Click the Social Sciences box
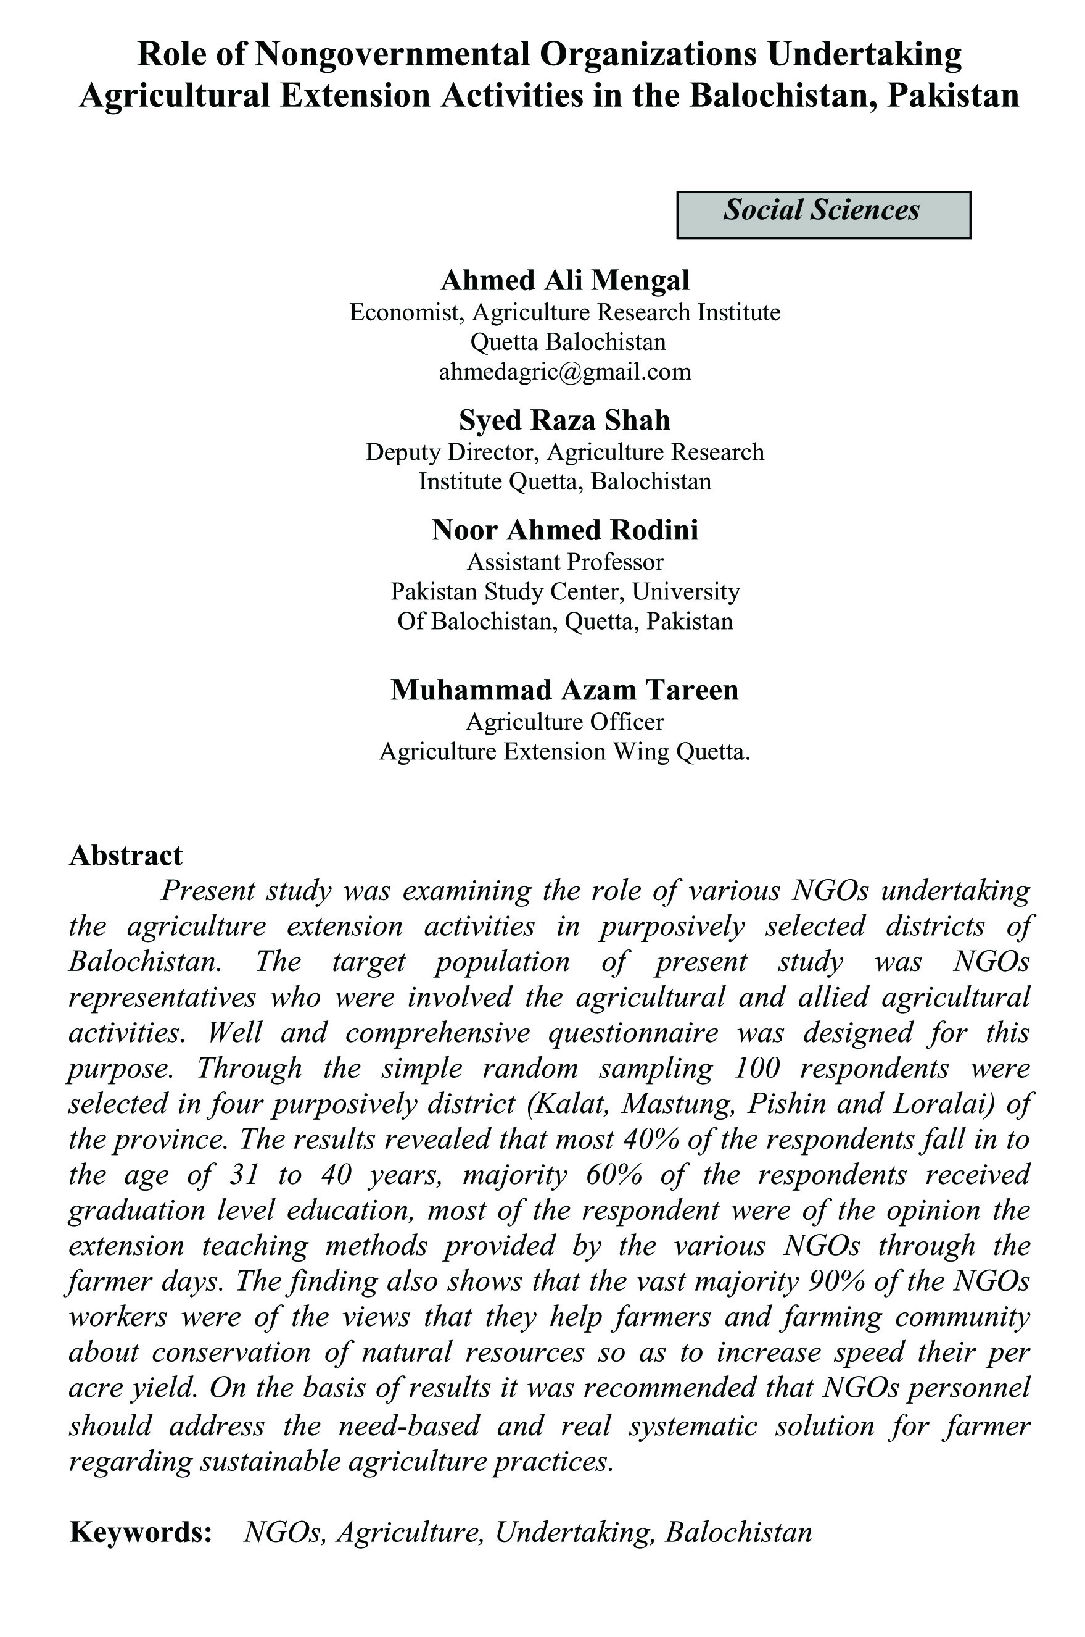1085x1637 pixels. [x=823, y=214]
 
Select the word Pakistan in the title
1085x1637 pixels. [x=953, y=96]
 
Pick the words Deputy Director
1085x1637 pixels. [x=450, y=452]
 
